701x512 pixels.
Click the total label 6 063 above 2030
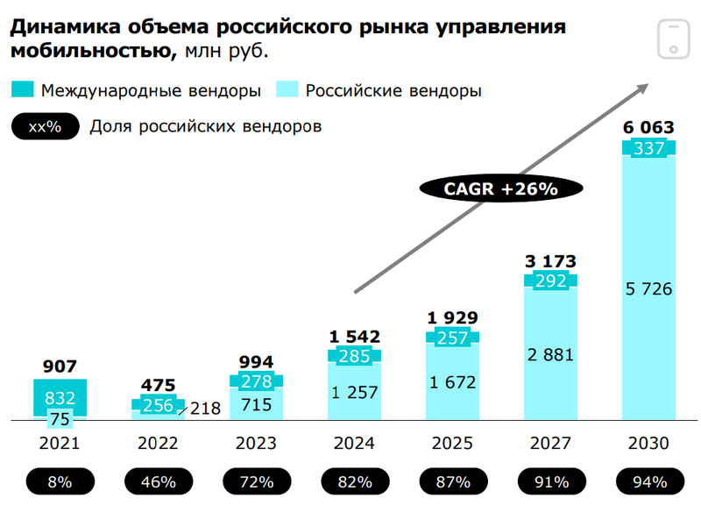tap(648, 128)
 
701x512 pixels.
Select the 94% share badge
tap(648, 481)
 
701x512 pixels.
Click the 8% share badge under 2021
tap(60, 481)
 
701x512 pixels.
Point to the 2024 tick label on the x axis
tap(355, 444)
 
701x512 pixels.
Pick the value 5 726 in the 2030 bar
tap(648, 288)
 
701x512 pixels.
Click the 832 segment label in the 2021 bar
tap(60, 398)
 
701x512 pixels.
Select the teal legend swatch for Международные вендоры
tap(24, 89)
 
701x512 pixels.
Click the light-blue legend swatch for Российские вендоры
tap(287, 89)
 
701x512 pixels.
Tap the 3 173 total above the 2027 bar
tap(550, 260)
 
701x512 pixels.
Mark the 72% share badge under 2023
tap(257, 481)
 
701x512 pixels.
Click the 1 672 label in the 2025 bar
tap(453, 381)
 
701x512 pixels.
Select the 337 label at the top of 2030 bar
tap(648, 148)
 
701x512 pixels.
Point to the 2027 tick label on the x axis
tap(550, 444)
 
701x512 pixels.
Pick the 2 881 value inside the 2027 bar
tap(550, 354)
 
